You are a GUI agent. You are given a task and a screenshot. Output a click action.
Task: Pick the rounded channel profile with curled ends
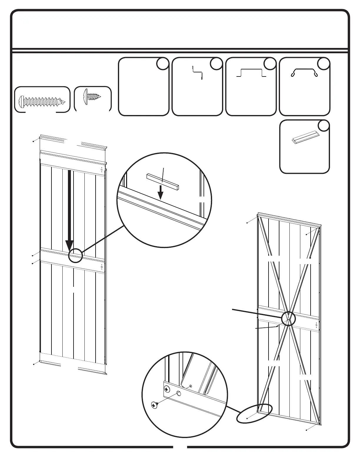(x=304, y=72)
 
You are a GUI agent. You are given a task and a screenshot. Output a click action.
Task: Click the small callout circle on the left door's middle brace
(x=75, y=255)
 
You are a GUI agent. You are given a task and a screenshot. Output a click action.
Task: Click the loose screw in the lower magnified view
(x=154, y=405)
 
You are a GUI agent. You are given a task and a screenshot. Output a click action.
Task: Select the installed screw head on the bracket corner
(x=167, y=389)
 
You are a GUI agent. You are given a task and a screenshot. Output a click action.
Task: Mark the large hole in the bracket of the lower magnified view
(x=179, y=394)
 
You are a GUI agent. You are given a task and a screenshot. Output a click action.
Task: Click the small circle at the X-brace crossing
(x=288, y=319)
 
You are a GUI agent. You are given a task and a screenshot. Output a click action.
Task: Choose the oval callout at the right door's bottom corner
(x=254, y=414)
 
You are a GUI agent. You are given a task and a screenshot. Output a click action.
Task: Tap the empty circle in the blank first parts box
(x=162, y=64)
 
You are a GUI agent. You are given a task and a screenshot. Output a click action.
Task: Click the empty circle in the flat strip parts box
(x=324, y=126)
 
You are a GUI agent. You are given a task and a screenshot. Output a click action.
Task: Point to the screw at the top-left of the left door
(x=34, y=141)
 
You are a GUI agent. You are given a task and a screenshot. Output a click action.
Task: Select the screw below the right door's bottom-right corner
(x=307, y=430)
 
